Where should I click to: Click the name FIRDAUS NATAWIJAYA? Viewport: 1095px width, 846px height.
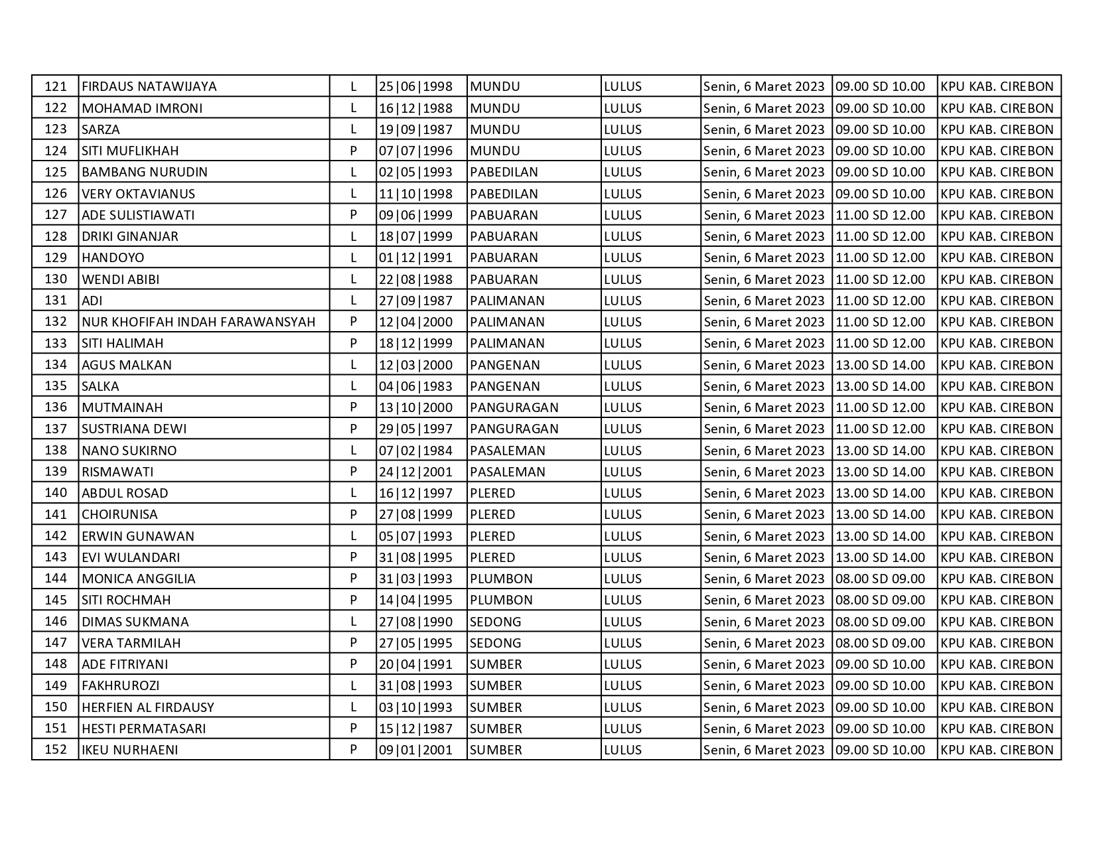[149, 86]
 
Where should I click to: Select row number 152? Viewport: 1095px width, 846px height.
[56, 750]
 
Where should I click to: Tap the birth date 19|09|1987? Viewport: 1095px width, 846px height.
[415, 129]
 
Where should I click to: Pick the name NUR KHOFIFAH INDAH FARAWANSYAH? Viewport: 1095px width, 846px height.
[198, 322]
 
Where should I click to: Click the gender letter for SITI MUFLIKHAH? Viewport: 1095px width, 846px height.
[353, 151]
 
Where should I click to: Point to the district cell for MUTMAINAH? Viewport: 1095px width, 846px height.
[514, 407]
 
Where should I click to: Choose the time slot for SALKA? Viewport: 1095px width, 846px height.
[880, 386]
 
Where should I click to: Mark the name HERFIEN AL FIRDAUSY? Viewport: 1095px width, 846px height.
[148, 707]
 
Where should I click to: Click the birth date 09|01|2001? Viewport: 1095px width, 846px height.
[415, 750]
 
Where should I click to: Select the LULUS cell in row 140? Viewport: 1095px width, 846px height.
[623, 493]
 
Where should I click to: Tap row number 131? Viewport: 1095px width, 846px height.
[56, 301]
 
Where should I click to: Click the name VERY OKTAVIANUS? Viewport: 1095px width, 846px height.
[138, 194]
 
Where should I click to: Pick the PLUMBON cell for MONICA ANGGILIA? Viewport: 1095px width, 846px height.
[501, 579]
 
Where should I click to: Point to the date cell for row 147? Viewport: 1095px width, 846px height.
[764, 643]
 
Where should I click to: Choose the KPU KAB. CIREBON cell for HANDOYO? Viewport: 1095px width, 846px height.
[997, 257]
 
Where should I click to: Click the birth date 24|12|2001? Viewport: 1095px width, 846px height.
[415, 472]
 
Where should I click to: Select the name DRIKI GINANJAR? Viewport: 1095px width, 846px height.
[130, 236]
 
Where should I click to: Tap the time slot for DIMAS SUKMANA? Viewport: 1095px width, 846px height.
[880, 622]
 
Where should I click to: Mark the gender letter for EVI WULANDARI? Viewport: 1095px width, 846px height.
[353, 557]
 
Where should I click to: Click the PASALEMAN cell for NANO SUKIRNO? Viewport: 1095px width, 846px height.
[508, 451]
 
